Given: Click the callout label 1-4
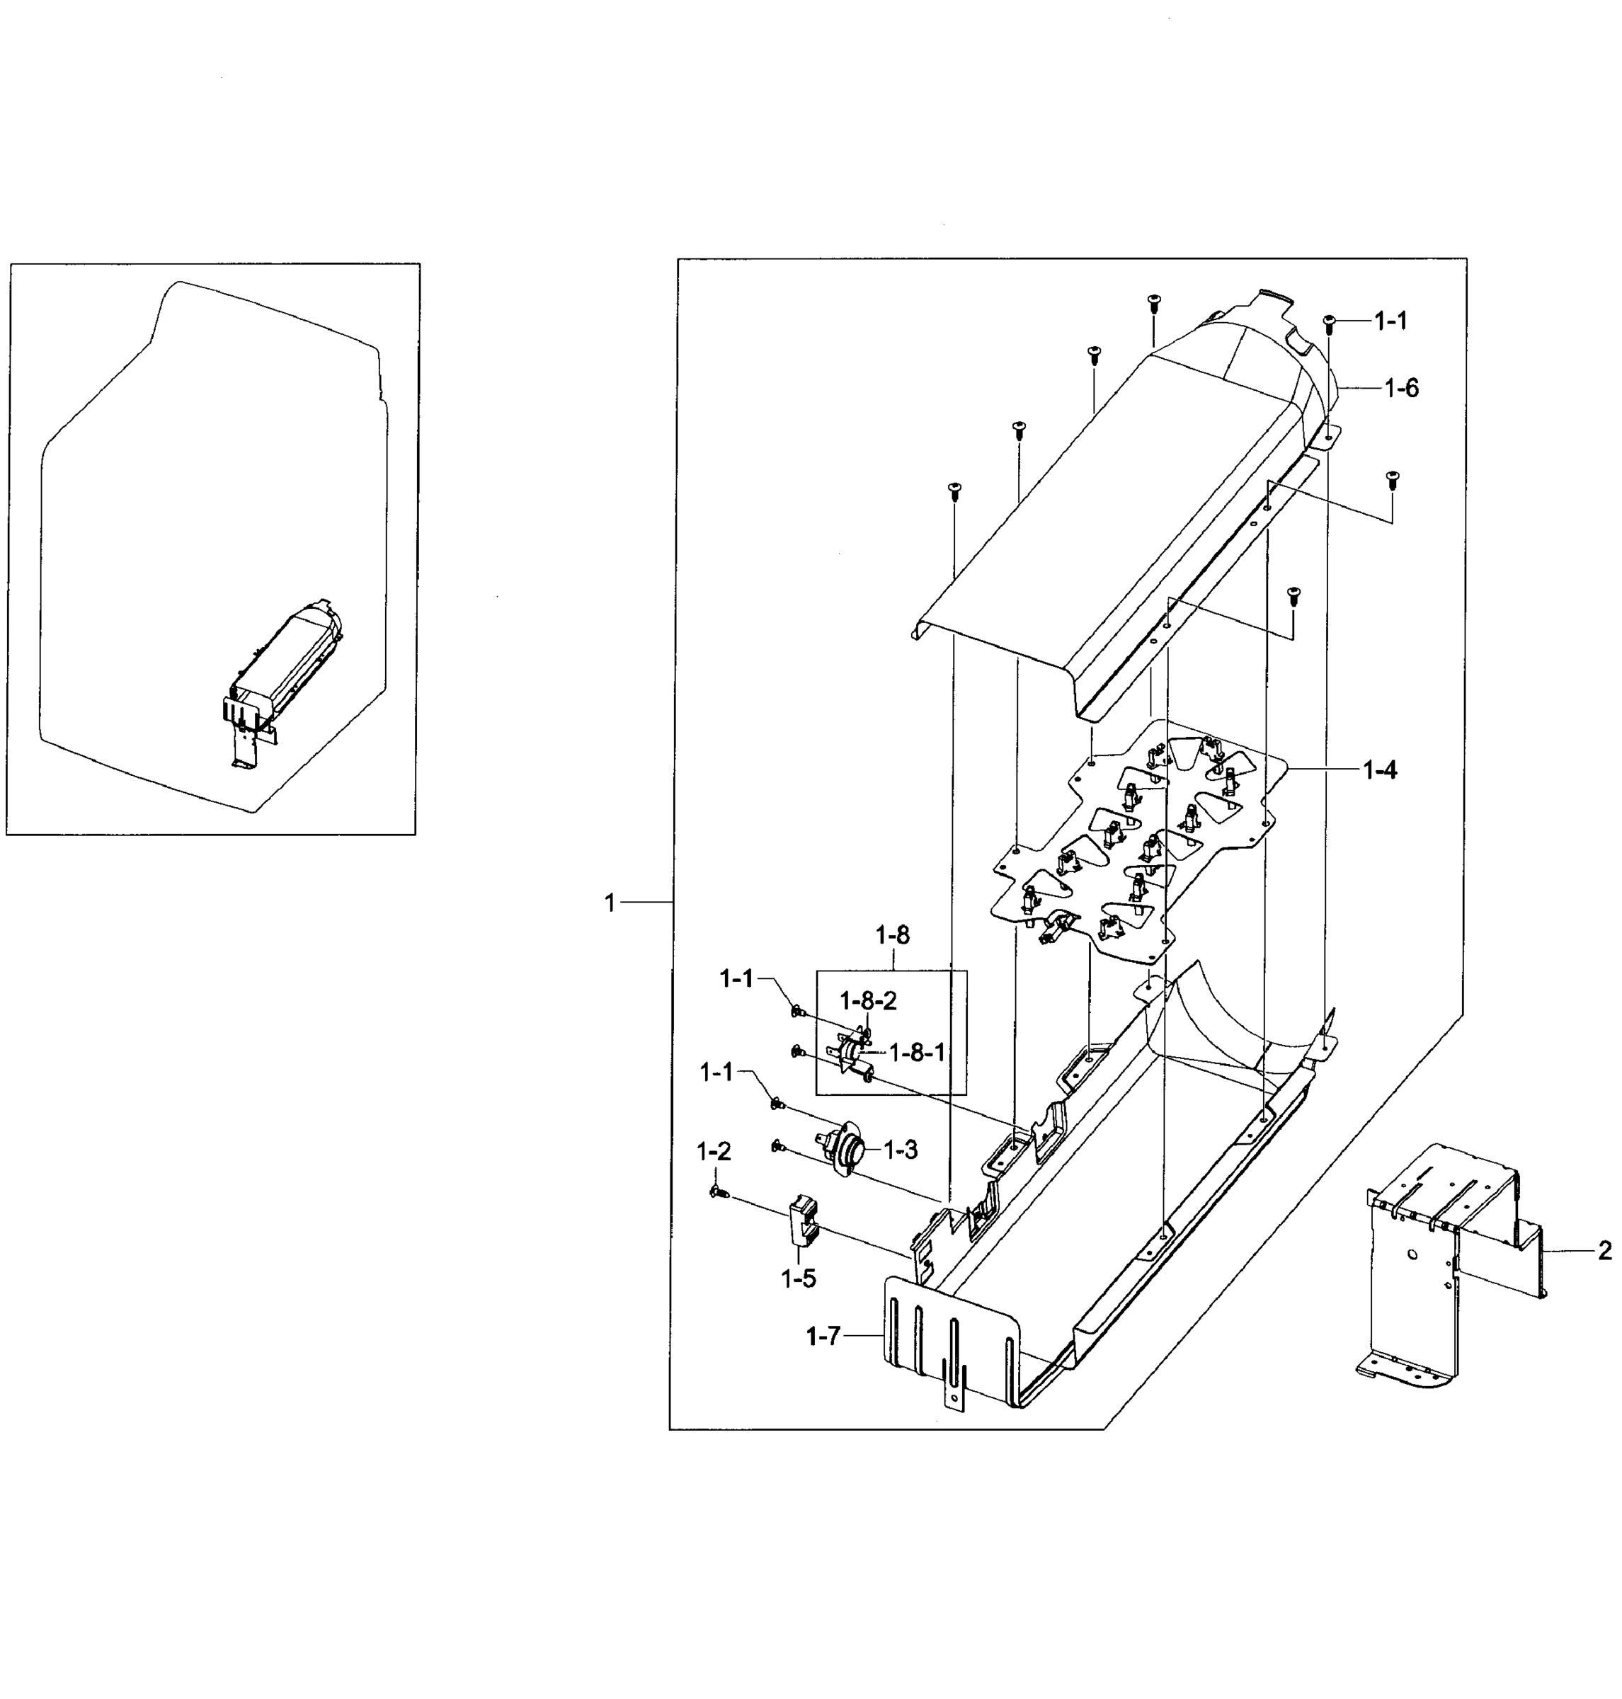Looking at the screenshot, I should (x=1380, y=770).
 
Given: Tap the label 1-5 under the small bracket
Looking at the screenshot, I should (x=798, y=1278).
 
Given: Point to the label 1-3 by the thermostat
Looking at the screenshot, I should (x=900, y=1150).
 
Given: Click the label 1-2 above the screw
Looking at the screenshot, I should (x=714, y=1151).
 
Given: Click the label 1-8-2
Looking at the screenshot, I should (x=869, y=1000).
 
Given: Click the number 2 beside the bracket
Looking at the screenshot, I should (x=1605, y=1250).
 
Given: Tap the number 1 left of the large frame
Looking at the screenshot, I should (x=610, y=903).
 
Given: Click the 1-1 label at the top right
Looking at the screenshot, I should (x=1391, y=321).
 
